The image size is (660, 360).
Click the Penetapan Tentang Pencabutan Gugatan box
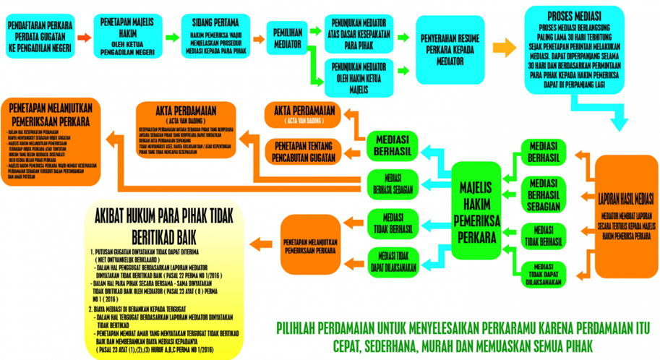click(302, 150)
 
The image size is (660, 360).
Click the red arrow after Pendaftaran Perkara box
click(84, 36)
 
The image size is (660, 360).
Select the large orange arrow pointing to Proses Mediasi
click(500, 48)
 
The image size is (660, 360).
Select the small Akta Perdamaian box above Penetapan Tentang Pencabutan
click(302, 113)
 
